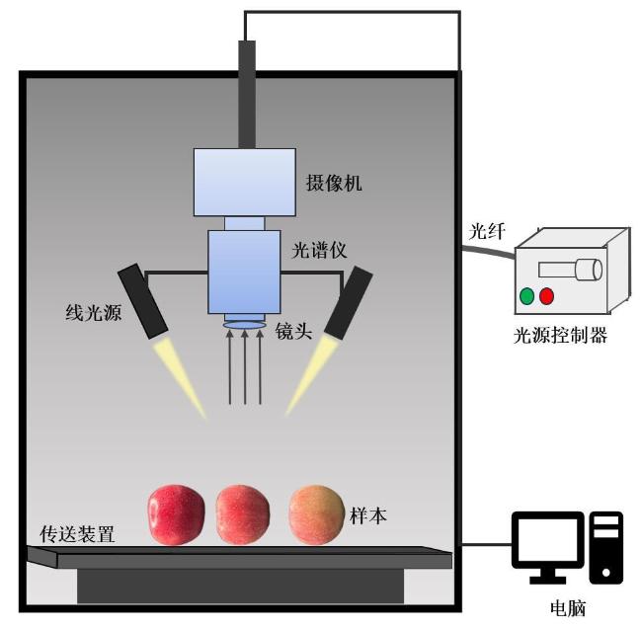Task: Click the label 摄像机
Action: click(333, 183)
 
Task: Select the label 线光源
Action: click(87, 314)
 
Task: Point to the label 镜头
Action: click(293, 334)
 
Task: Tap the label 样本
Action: click(368, 513)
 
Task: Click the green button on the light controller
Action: click(526, 294)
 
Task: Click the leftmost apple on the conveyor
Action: click(177, 514)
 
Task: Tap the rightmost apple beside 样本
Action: click(316, 513)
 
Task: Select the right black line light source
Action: click(351, 303)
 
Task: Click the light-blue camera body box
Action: click(244, 181)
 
